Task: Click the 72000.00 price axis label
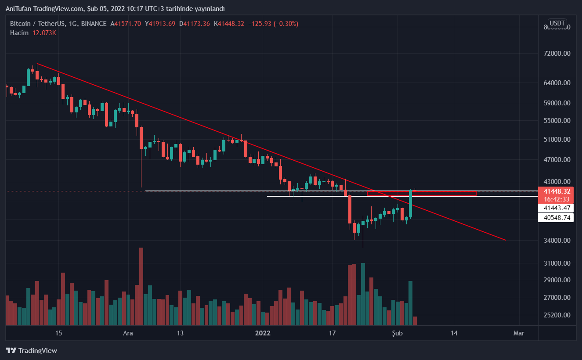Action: (557, 54)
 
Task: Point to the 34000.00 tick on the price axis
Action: (557, 241)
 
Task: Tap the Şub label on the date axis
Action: (397, 333)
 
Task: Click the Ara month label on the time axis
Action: (128, 333)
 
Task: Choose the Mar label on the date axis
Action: (519, 333)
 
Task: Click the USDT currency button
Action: (557, 23)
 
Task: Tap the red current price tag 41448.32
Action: (556, 191)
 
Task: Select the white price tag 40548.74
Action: (556, 217)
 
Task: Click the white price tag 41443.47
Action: (556, 208)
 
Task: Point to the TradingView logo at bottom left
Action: (32, 350)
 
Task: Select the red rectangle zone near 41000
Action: (422, 194)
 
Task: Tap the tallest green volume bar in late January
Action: (363, 294)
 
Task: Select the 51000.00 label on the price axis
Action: (557, 140)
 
